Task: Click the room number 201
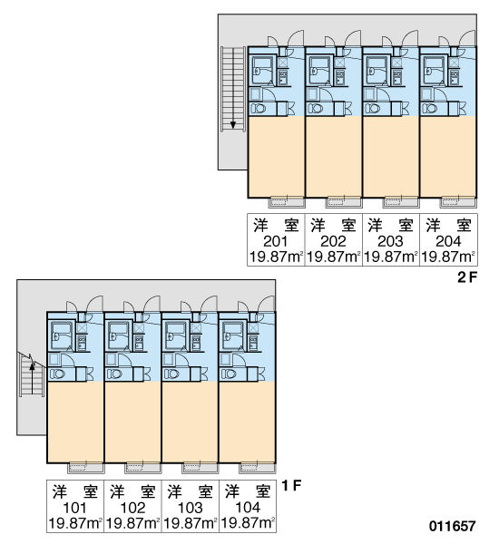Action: tap(276, 241)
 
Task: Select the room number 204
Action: tap(448, 241)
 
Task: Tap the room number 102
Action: tap(132, 508)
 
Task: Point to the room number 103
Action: tap(190, 508)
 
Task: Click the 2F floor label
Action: tap(467, 277)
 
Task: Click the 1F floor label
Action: tap(291, 485)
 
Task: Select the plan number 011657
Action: tap(452, 526)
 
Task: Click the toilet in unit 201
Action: tap(259, 109)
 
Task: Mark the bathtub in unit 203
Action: tap(376, 71)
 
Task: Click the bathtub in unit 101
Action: tap(61, 336)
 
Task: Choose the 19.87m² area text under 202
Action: tap(333, 257)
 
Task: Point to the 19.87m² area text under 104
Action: tap(248, 523)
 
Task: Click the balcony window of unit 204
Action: tap(457, 202)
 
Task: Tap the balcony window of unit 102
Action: tap(142, 468)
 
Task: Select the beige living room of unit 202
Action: tap(334, 157)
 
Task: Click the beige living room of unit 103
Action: tap(190, 423)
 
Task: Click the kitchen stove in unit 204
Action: tap(455, 77)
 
